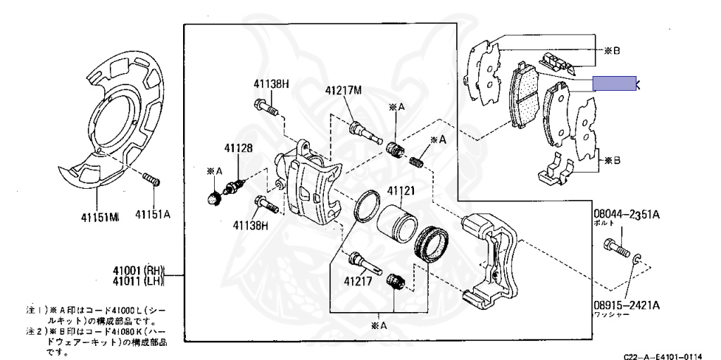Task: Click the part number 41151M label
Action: (x=99, y=217)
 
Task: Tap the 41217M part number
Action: (x=344, y=90)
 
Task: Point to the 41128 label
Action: (x=238, y=149)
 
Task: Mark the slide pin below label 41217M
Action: (x=365, y=130)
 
